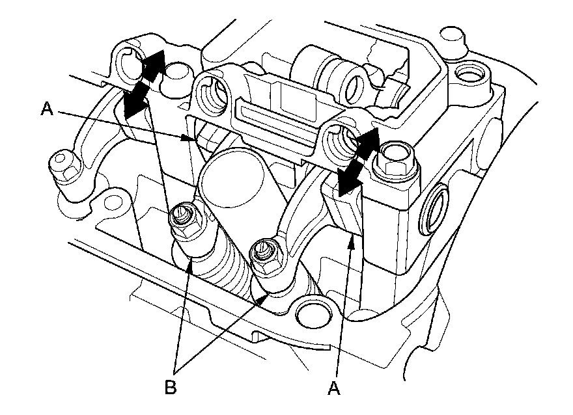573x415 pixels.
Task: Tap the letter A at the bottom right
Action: click(x=334, y=388)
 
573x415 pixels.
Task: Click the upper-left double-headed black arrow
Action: click(x=142, y=85)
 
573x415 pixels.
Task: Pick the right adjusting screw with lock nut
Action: click(x=265, y=256)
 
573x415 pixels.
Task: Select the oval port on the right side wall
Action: click(x=435, y=209)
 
